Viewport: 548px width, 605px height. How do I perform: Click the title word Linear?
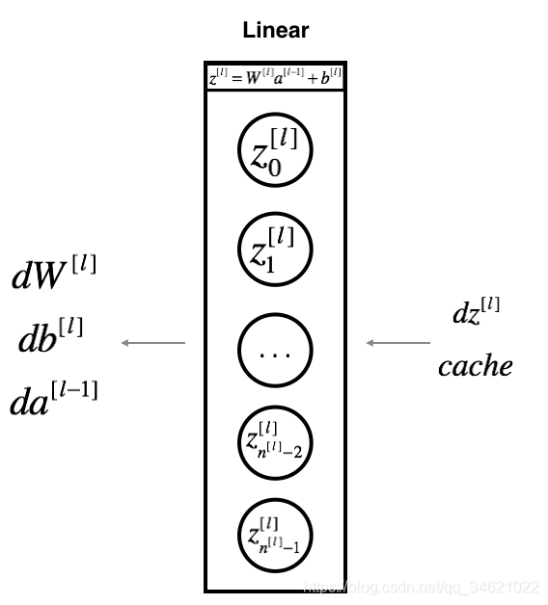pyautogui.click(x=275, y=30)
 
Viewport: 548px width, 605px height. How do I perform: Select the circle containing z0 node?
pyautogui.click(x=275, y=151)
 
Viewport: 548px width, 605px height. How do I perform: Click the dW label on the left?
pyautogui.click(x=54, y=276)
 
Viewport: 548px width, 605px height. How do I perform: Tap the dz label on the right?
pyautogui.click(x=476, y=313)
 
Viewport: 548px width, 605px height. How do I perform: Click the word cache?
pyautogui.click(x=475, y=366)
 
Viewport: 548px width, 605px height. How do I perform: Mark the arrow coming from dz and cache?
pyautogui.click(x=397, y=342)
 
